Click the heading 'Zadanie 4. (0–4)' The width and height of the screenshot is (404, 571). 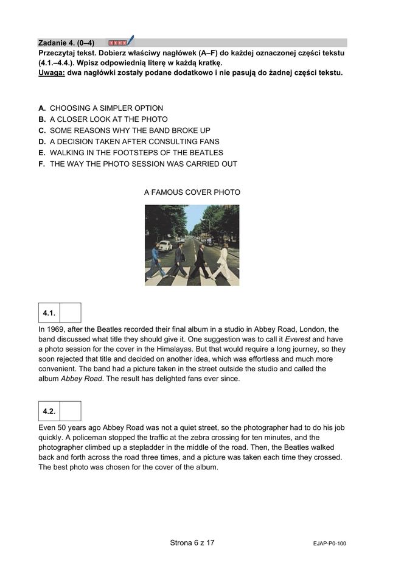pos(66,43)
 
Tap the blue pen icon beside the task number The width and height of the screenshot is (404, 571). pos(130,41)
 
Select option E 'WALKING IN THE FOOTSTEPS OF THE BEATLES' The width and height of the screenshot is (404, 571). pos(136,153)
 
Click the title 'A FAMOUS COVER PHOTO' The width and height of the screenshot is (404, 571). pos(192,192)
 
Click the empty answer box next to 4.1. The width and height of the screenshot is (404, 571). pos(71,313)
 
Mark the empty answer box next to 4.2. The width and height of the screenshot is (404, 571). pos(71,412)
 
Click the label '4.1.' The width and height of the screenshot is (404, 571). pos(49,313)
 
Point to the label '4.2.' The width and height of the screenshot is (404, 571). pos(49,412)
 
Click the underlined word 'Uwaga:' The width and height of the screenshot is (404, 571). pos(52,73)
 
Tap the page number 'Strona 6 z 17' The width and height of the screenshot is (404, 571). pos(192,542)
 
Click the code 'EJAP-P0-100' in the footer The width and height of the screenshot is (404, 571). pos(326,543)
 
